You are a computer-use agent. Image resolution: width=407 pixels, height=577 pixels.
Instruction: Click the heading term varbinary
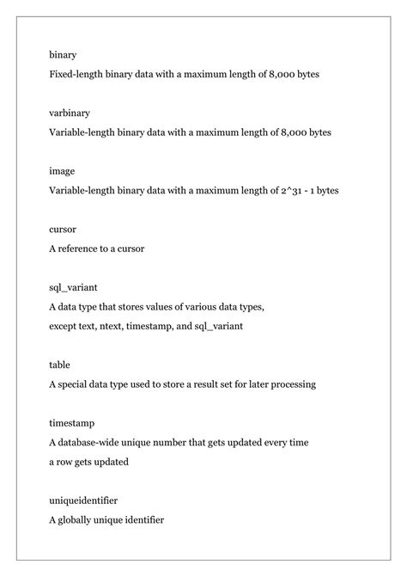pos(70,113)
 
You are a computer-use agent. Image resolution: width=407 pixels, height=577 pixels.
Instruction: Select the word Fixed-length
pos(78,75)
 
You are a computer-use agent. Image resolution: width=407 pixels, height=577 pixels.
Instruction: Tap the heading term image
pos(62,171)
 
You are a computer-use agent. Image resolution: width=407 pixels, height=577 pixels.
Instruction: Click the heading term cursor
pos(63,230)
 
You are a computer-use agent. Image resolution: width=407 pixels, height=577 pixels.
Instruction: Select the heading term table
pos(60,365)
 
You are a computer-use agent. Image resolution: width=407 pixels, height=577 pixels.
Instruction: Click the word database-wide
pos(93,442)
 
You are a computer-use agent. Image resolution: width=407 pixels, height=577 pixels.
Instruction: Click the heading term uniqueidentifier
pos(83,500)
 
